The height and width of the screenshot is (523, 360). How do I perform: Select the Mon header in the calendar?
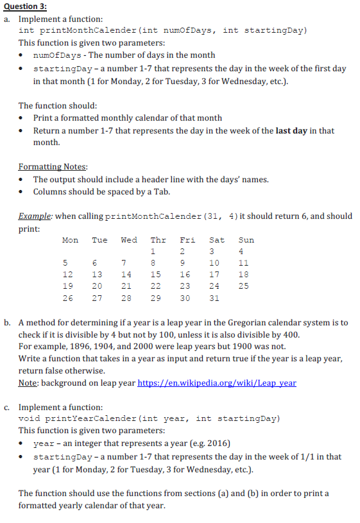pos(70,240)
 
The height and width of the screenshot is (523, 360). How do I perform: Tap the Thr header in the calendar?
pos(158,240)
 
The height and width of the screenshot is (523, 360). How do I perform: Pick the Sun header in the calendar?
pos(246,240)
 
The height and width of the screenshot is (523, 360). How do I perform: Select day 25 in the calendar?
pos(243,286)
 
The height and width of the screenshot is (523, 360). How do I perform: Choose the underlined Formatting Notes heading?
pos(53,167)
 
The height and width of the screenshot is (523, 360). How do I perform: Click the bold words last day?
pos(291,130)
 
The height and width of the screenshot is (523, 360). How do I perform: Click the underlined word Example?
pos(36,216)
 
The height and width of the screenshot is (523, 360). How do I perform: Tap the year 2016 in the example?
pos(218,443)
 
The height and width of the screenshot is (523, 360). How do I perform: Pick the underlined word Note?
pos(29,383)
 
